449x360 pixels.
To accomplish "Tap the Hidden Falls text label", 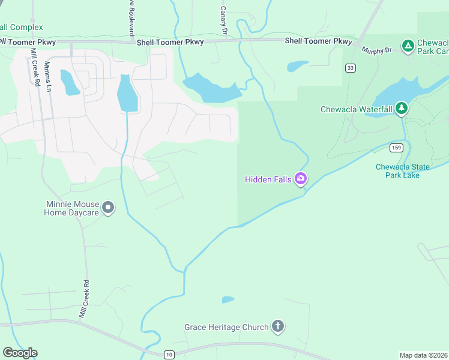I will coord(268,179).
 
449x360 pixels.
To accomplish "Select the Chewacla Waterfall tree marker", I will coord(402,109).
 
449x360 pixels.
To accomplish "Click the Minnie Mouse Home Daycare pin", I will coord(108,208).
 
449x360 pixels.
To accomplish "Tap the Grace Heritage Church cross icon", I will coord(277,326).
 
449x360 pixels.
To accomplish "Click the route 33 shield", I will coord(350,68).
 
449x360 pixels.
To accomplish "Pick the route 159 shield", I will coord(395,148).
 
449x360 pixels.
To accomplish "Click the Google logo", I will coord(20,353).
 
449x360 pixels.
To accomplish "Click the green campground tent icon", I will coord(408,45).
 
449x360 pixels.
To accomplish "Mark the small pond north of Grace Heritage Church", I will coord(228,299).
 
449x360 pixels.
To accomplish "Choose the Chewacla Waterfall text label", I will coord(356,109).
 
